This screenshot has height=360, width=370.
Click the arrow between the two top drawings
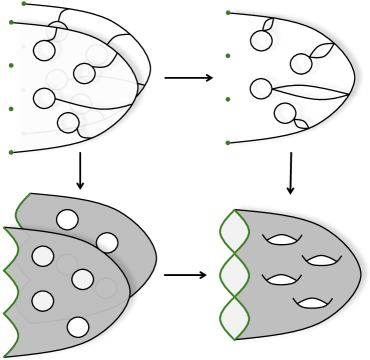point(188,77)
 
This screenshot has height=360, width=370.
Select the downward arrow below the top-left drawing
point(80,172)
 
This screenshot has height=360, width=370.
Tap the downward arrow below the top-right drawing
point(291,173)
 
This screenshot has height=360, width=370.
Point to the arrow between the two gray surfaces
point(185,274)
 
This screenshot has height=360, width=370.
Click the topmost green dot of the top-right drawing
point(228,12)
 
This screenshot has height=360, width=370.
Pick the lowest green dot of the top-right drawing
point(228,143)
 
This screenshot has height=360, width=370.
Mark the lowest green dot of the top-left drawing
point(11,152)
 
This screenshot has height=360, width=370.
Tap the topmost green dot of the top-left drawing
point(23,4)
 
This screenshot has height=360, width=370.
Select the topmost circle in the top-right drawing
point(261,41)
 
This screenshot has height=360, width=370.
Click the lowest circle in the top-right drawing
point(285,113)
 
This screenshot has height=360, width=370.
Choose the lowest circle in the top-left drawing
point(68,123)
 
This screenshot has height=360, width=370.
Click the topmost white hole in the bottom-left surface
point(67,219)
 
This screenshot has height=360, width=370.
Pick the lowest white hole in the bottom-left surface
point(78,327)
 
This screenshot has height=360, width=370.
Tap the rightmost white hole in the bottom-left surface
point(107,242)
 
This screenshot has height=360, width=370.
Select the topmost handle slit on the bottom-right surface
point(282,238)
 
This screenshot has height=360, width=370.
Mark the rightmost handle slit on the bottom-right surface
point(322,260)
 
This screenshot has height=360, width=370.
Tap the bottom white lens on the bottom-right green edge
point(234,318)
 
